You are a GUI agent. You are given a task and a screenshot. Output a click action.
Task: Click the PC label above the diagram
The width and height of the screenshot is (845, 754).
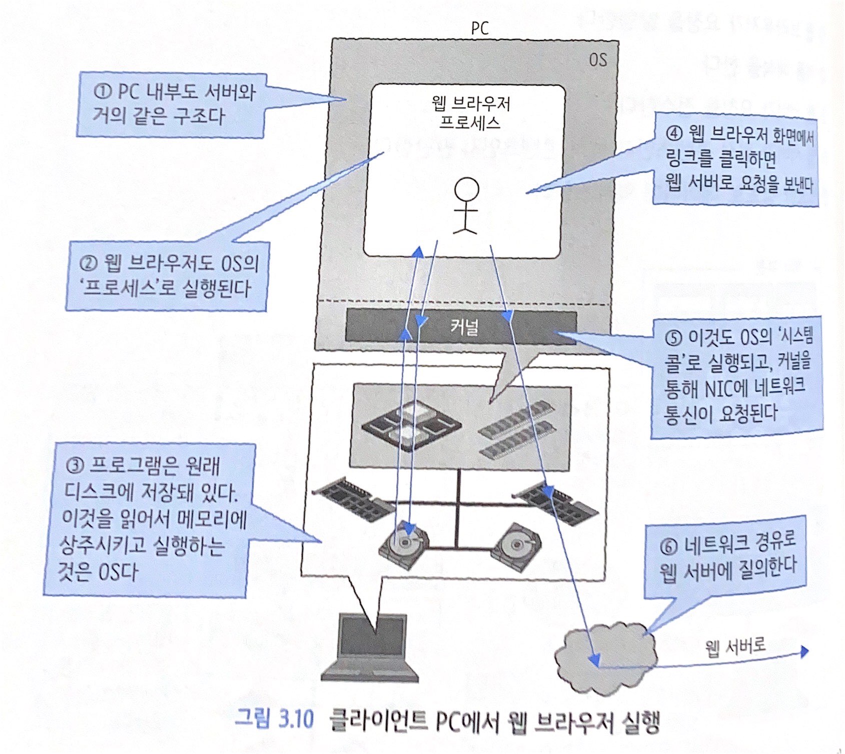[479, 28]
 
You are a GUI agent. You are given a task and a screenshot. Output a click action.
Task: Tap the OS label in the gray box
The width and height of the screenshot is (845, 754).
[597, 60]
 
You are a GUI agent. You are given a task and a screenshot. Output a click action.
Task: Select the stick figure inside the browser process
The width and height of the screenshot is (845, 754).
[466, 205]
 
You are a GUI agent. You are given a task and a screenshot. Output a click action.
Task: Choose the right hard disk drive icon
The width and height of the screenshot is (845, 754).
[516, 546]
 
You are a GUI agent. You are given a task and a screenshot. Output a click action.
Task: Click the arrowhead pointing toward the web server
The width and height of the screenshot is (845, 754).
[803, 651]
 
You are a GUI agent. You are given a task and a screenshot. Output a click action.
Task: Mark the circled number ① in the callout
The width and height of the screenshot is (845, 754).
[102, 92]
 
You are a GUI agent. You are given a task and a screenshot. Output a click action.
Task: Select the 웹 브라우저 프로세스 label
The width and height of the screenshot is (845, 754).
[470, 113]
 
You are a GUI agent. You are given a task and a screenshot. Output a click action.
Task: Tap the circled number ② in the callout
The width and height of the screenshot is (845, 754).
[89, 263]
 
